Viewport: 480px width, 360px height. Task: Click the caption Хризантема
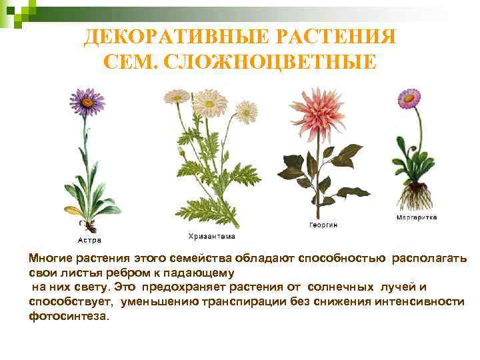tap(211, 236)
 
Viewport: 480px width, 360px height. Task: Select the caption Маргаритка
tap(416, 217)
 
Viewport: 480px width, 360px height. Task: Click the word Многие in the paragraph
tap(47, 258)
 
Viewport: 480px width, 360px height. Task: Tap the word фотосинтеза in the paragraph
tap(67, 316)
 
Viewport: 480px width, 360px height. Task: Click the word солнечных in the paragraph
tap(343, 287)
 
